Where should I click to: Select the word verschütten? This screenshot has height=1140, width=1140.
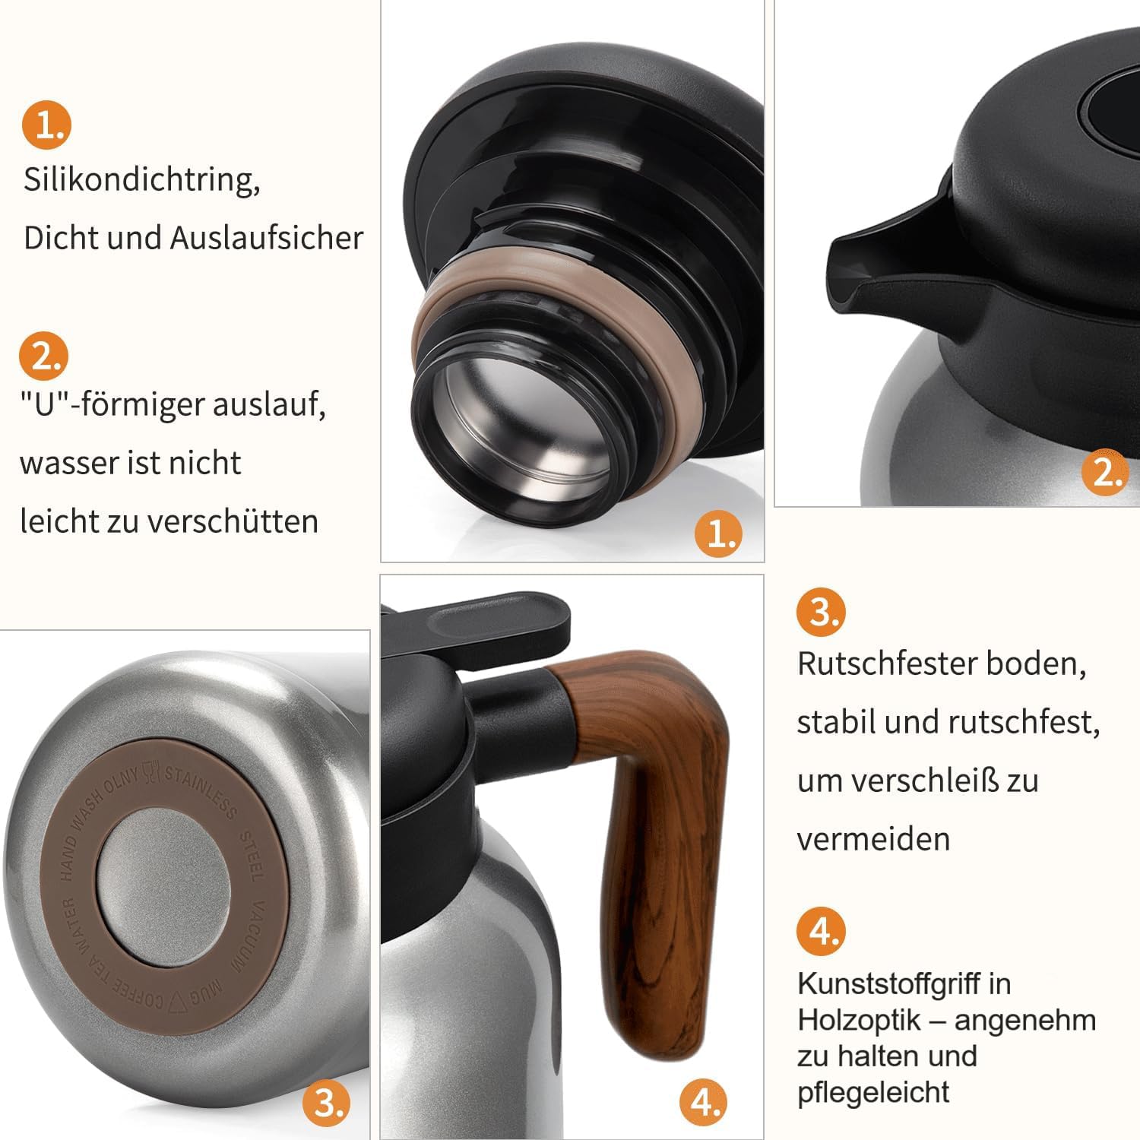[233, 521]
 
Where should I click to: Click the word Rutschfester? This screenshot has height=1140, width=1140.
[885, 663]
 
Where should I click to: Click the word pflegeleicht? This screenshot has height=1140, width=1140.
[873, 1093]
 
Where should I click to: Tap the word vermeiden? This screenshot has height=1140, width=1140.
[873, 839]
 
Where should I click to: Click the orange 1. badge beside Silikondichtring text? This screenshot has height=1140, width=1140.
[46, 125]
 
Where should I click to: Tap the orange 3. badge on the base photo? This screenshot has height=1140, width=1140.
[328, 1102]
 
